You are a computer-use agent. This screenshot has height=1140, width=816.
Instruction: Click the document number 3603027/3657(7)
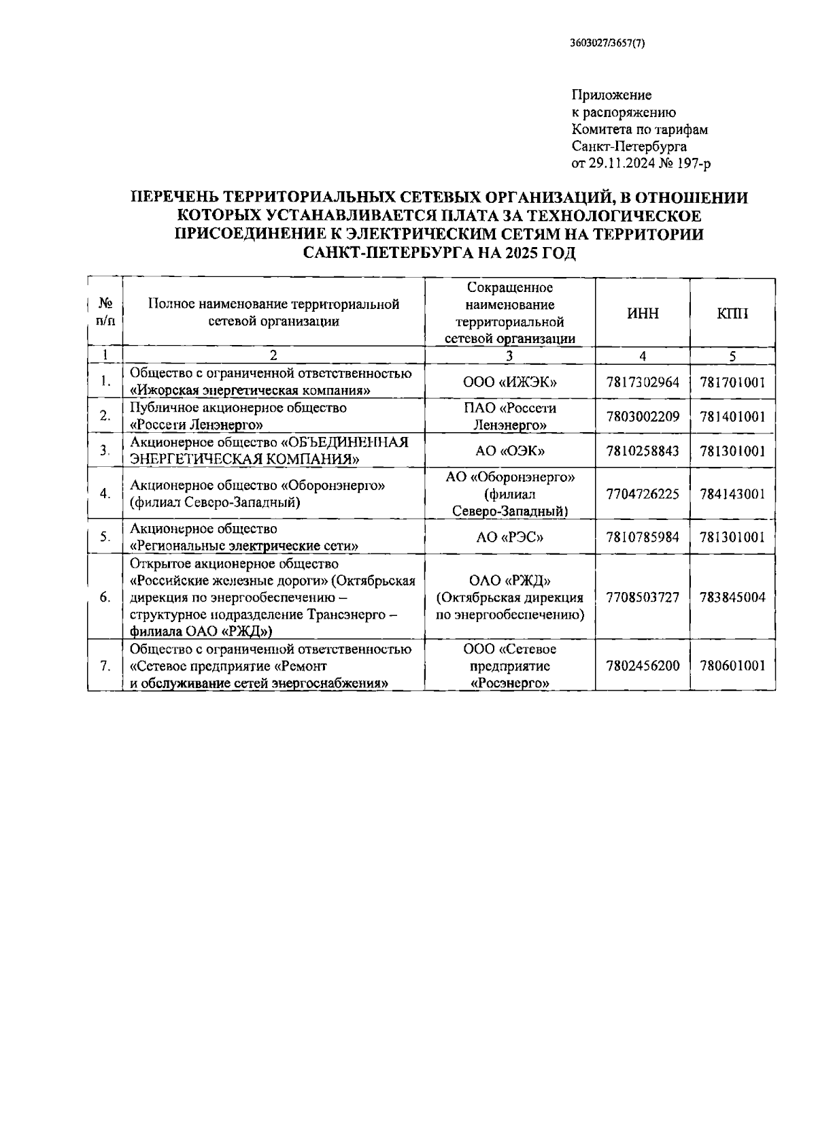[x=607, y=43]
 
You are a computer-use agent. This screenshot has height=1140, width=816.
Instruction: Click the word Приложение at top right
[x=611, y=95]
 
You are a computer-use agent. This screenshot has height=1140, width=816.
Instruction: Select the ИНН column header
[x=642, y=313]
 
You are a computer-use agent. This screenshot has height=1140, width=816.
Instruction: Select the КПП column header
[x=732, y=313]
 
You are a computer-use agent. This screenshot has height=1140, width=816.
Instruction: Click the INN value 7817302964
[x=642, y=382]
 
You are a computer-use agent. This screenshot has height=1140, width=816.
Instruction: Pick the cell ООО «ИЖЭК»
[x=510, y=382]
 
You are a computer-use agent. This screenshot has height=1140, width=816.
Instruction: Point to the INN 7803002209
[x=642, y=417]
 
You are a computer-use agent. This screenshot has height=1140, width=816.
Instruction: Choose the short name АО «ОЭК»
[x=510, y=451]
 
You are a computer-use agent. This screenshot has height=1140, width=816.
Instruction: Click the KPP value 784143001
[x=732, y=494]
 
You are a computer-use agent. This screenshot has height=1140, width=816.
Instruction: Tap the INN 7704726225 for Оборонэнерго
[x=642, y=494]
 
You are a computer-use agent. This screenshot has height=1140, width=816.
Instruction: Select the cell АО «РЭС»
[x=510, y=537]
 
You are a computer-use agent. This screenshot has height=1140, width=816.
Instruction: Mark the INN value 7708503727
[x=642, y=597]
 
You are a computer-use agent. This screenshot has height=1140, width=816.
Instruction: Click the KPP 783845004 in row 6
[x=732, y=597]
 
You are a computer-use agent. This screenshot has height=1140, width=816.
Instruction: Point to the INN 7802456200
[x=642, y=666]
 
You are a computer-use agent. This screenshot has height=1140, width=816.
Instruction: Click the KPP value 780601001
[x=732, y=666]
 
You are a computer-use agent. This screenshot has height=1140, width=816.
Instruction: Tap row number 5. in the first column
[x=105, y=537]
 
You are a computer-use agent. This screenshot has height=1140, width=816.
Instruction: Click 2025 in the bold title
[x=522, y=254]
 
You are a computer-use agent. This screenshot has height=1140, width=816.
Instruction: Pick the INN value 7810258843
[x=642, y=451]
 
